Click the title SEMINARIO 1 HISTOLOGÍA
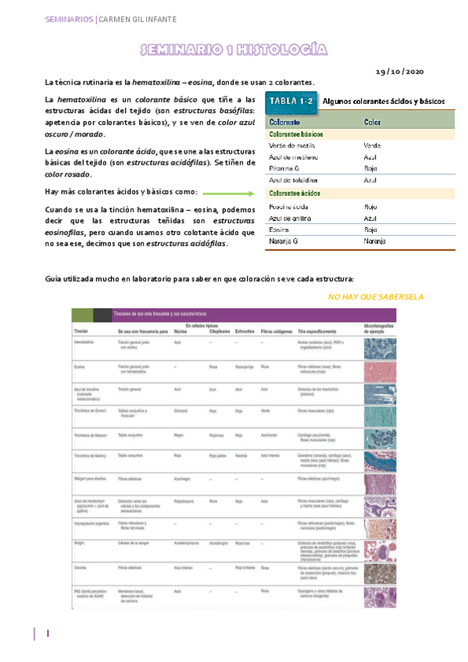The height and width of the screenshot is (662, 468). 233,51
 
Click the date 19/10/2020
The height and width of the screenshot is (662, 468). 399,71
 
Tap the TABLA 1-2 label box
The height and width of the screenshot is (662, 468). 291,101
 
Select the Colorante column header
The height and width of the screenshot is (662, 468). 285,123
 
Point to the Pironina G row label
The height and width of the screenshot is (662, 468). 284,168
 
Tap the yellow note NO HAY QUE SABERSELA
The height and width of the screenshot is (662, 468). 376,297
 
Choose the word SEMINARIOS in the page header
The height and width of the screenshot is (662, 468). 68,18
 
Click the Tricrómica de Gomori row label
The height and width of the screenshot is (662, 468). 88,410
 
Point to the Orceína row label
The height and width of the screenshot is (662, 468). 80,568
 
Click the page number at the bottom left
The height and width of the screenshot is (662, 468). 48,634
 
